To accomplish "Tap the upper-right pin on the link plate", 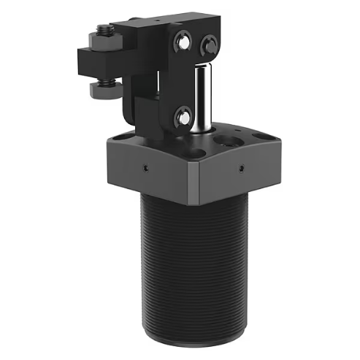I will coord(208,45).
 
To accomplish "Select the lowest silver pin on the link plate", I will coord(183,114).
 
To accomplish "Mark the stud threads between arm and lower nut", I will coord(102,78).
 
